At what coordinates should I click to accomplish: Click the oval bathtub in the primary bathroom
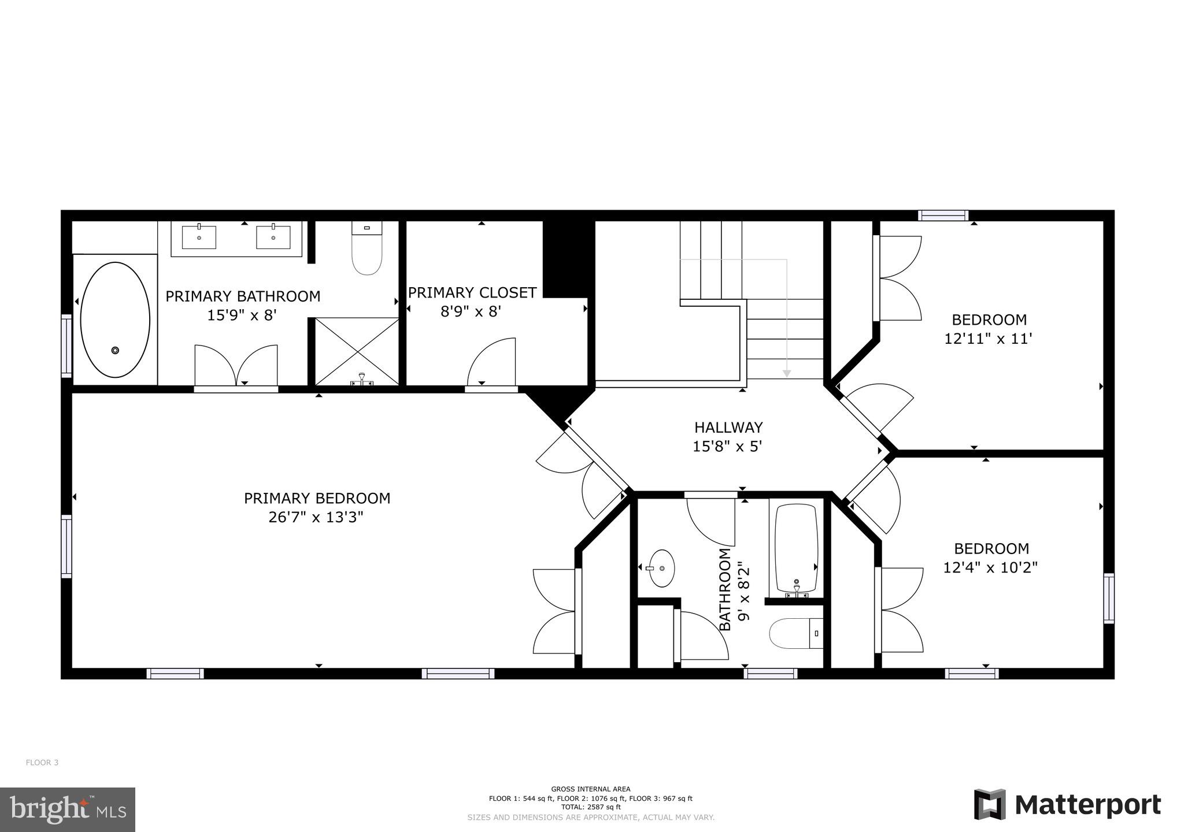115,320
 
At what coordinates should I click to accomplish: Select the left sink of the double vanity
199,237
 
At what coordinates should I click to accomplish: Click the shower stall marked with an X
357,351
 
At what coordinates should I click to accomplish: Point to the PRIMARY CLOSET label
472,293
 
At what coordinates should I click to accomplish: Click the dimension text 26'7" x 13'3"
316,517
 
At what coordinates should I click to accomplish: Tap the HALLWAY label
728,428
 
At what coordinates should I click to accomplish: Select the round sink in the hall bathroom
661,568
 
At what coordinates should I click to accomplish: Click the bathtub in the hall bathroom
796,549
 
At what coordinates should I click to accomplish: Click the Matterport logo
1067,805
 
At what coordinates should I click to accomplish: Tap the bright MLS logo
68,809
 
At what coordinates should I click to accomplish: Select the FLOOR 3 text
42,763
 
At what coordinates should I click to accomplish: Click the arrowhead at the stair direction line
786,374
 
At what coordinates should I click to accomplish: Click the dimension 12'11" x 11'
989,339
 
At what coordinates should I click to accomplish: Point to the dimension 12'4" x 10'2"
990,568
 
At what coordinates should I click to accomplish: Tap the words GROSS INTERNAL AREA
590,789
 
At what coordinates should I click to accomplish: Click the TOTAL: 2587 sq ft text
590,807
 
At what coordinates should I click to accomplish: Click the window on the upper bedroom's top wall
943,216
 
